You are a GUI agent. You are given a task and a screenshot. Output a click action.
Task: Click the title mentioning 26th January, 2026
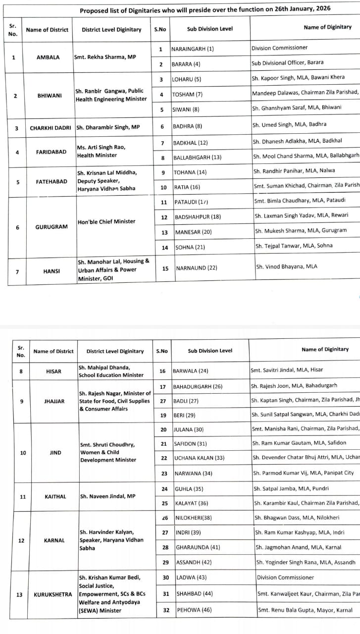[x=205, y=9]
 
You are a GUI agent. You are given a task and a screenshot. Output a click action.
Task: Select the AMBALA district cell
[x=48, y=57]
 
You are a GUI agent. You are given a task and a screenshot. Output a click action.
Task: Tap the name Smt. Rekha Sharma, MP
[x=104, y=57]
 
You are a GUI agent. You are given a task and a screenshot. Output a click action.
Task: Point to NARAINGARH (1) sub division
[x=193, y=49]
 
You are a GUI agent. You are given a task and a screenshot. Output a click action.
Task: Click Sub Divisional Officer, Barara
[x=287, y=63]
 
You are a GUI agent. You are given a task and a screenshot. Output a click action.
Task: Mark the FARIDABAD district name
[x=51, y=152]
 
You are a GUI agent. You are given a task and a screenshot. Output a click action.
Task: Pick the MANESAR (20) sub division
[x=194, y=232]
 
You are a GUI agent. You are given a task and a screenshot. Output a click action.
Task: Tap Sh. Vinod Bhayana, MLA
[x=287, y=266]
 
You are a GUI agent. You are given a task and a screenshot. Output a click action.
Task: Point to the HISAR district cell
[x=53, y=371]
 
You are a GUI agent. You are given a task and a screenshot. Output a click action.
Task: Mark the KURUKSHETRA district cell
[x=53, y=594]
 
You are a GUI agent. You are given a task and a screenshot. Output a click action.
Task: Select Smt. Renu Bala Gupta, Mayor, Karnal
[x=305, y=610]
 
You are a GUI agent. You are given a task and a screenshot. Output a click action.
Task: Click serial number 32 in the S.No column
[x=166, y=610]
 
